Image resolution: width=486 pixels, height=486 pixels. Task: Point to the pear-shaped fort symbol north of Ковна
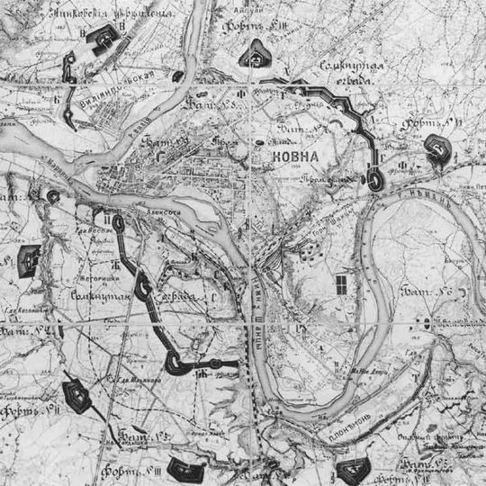tap(255, 54)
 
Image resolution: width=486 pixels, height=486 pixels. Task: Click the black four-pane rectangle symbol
tap(342, 285)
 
